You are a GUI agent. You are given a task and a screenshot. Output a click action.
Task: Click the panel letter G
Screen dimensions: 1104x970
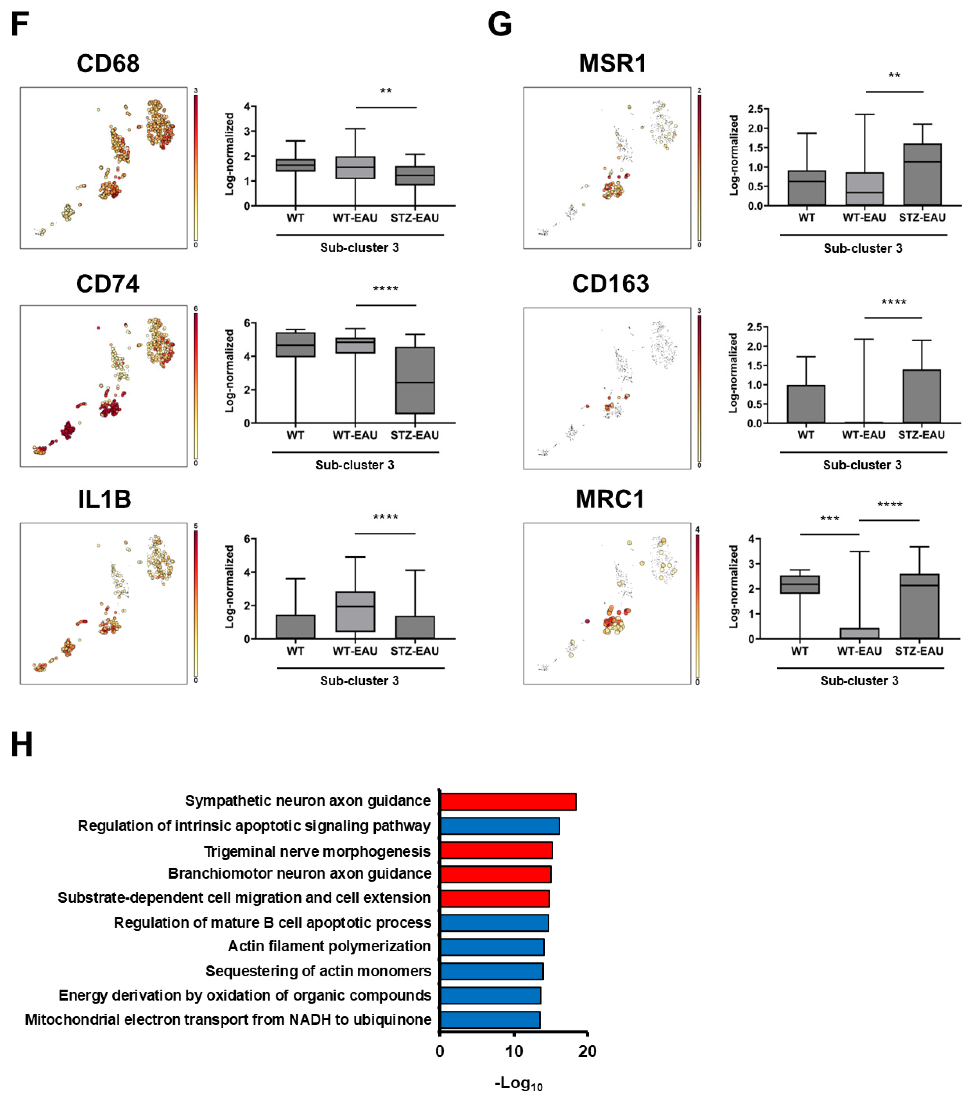499,25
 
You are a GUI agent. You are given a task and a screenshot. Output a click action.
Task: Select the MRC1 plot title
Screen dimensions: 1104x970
610,499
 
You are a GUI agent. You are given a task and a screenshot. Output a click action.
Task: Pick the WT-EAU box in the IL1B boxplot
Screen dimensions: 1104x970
355,612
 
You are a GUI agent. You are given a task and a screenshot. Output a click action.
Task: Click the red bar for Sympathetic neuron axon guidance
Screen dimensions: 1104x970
508,801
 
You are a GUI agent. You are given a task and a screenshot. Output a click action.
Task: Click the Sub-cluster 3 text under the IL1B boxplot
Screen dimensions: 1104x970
359,681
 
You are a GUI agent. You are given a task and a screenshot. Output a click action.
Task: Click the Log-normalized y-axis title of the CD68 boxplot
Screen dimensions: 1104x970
230,154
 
